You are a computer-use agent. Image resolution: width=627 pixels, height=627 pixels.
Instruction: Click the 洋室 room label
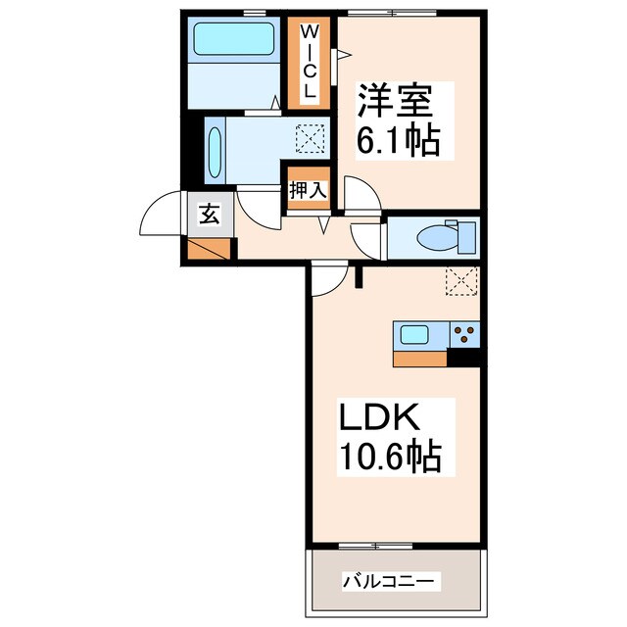396,102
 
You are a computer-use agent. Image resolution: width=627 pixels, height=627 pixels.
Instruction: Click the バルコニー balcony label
391,581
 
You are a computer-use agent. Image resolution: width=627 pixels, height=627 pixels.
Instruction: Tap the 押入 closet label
307,189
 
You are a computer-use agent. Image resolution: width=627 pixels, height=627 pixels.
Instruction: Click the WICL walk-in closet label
309,61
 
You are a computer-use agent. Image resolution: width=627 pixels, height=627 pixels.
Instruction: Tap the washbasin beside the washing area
215,148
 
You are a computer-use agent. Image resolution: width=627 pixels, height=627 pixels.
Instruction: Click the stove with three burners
465,334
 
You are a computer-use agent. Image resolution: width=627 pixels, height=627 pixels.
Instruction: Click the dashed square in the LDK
459,281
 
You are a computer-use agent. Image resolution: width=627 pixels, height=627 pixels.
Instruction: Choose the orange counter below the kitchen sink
421,359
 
